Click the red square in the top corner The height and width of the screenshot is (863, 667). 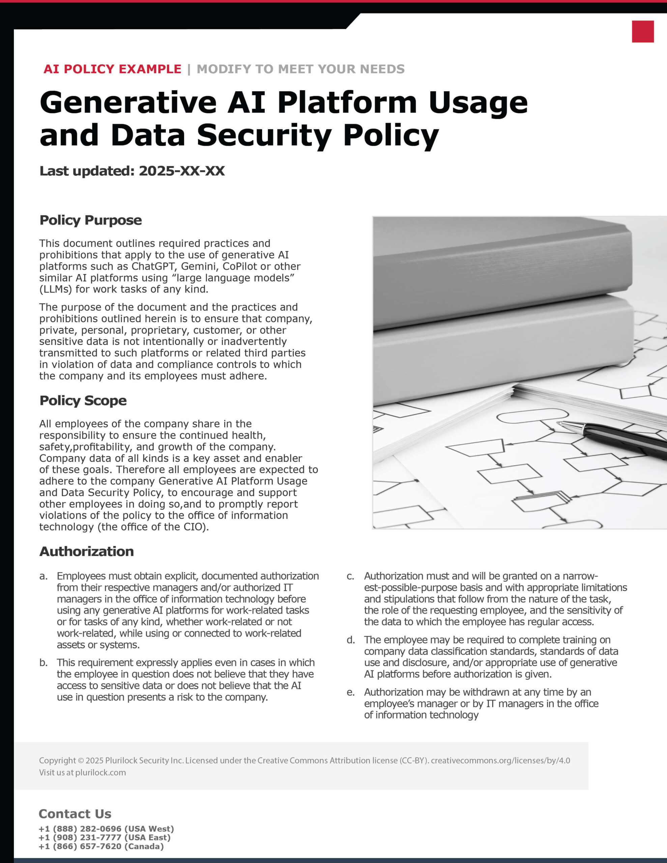(642, 32)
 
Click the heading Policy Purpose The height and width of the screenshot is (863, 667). (91, 220)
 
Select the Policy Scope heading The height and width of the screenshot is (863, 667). (83, 401)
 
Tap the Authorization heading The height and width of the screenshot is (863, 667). (87, 552)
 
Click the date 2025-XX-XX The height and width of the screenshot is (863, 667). (181, 171)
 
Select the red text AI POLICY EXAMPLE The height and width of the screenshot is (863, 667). (112, 69)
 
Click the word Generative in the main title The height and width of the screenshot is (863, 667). (128, 103)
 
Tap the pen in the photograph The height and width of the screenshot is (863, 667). (617, 438)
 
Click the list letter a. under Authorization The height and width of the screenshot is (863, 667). (43, 576)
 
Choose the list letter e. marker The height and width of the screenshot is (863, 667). (351, 692)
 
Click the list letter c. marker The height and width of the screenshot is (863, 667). (351, 576)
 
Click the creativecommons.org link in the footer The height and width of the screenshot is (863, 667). (500, 760)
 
